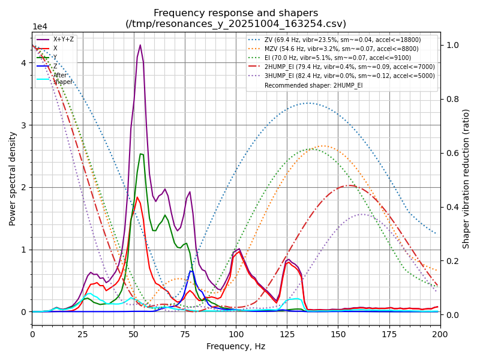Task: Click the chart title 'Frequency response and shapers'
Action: click(236, 13)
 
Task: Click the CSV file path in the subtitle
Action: click(236, 24)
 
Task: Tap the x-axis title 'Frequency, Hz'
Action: click(236, 346)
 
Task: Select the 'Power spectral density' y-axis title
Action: click(13, 178)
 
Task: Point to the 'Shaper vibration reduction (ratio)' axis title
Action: click(466, 178)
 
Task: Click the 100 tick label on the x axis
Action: click(236, 334)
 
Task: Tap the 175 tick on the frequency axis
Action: click(389, 334)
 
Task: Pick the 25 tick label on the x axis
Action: click(83, 334)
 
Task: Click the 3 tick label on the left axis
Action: click(23, 125)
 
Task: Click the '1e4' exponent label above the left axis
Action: click(40, 27)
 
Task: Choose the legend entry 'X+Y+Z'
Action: click(64, 40)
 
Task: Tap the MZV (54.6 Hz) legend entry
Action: click(343, 51)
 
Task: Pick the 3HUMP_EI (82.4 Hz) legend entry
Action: click(343, 76)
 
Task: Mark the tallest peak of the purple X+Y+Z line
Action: click(140, 45)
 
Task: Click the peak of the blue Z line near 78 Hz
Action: click(191, 271)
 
